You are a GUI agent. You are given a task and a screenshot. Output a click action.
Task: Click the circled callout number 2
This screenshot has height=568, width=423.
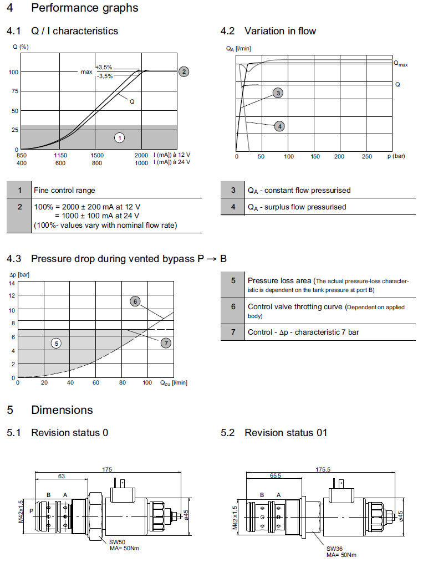click(x=184, y=71)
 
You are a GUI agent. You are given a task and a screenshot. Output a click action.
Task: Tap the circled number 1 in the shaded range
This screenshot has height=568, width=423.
click(x=119, y=137)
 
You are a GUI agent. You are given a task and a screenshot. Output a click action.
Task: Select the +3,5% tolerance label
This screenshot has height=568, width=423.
click(x=104, y=66)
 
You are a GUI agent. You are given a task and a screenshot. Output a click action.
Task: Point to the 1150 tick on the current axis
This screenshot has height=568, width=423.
click(x=60, y=155)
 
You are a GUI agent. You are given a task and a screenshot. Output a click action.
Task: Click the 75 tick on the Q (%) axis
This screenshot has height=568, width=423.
click(x=13, y=91)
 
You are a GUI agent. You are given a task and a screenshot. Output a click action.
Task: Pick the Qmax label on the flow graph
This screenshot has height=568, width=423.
click(x=401, y=64)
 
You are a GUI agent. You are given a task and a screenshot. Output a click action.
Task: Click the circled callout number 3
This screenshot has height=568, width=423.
click(x=278, y=93)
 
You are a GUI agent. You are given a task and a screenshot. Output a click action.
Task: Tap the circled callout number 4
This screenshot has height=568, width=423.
click(x=280, y=126)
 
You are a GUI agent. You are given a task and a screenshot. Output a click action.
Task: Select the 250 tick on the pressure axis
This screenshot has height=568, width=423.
click(x=366, y=156)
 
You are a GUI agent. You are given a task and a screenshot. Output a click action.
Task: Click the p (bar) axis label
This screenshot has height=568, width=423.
click(x=396, y=156)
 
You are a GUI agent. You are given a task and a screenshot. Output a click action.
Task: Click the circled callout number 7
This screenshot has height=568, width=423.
click(x=166, y=343)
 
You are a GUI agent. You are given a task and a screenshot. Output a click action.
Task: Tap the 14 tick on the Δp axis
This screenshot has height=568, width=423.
click(x=12, y=283)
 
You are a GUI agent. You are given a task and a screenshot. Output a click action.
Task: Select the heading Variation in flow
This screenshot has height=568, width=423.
click(x=280, y=31)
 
